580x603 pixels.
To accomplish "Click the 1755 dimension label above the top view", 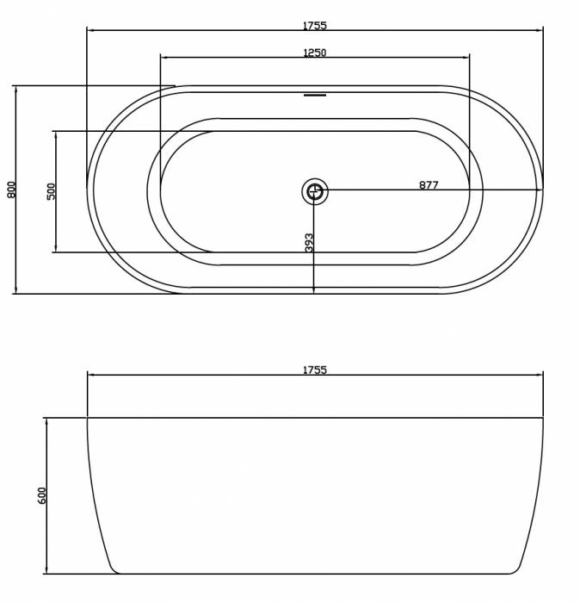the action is (315, 25).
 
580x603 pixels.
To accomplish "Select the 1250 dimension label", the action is (315, 53).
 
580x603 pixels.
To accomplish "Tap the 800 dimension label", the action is (11, 190).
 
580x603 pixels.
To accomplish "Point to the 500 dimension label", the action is (51, 191).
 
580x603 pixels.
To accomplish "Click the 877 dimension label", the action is (429, 185).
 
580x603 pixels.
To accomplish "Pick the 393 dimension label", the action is (309, 243).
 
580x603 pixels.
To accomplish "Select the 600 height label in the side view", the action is (42, 495).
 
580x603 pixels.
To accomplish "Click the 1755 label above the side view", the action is (315, 370).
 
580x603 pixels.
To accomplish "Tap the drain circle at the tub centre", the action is (315, 190).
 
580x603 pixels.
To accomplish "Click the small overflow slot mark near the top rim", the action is (315, 95).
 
